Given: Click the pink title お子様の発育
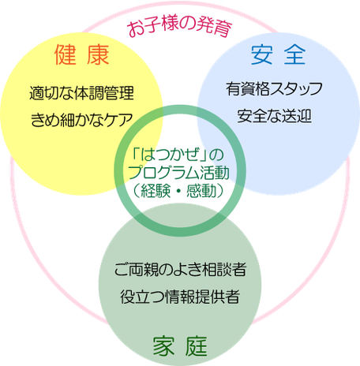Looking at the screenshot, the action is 180,26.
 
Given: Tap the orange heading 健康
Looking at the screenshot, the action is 82,54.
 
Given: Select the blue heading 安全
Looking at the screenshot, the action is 278,54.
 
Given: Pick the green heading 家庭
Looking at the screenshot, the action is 180,346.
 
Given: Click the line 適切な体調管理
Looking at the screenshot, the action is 81,93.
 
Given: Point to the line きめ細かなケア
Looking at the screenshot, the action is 81,120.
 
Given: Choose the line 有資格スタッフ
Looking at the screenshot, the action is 274,89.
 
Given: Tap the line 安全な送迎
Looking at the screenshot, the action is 275,116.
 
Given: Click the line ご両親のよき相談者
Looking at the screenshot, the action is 180,270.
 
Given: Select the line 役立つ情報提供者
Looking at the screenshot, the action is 180,297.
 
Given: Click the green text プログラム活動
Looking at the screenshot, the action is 178,173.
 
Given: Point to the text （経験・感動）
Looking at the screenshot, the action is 178,191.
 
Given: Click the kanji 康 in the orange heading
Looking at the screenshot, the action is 98,54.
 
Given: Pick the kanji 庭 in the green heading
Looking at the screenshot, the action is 197,346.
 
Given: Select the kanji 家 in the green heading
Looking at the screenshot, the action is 163,346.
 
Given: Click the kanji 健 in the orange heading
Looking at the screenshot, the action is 66,54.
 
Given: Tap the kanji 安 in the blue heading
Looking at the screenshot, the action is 261,54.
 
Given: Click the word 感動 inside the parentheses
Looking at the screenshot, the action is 201,191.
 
